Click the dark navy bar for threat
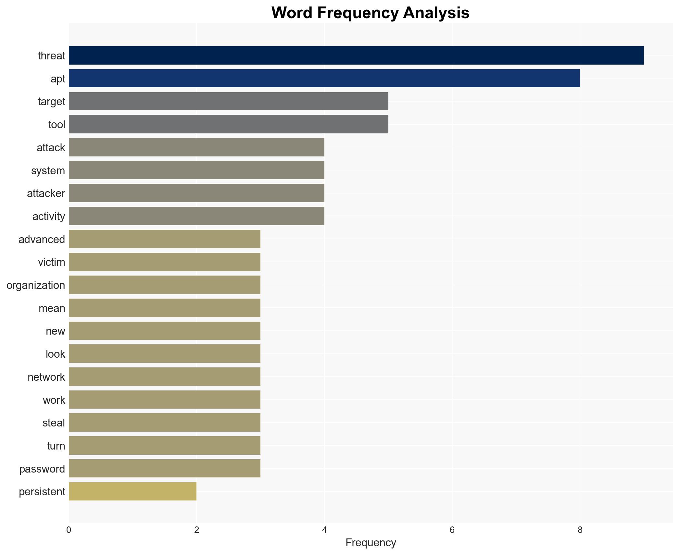[356, 55]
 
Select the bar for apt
[324, 78]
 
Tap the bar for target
[228, 101]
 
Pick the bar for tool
[228, 124]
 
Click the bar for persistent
[132, 491]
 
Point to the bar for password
[164, 468]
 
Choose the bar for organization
[164, 285]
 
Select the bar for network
[164, 377]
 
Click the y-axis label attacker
[46, 193]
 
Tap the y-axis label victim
[51, 262]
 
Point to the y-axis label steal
[54, 423]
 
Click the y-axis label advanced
[42, 240]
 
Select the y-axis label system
[48, 171]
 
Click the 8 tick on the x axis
[580, 530]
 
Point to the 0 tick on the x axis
[69, 530]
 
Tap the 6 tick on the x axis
[452, 530]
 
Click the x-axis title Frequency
[371, 543]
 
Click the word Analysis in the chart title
[436, 13]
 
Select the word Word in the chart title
[292, 13]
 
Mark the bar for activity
[196, 216]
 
